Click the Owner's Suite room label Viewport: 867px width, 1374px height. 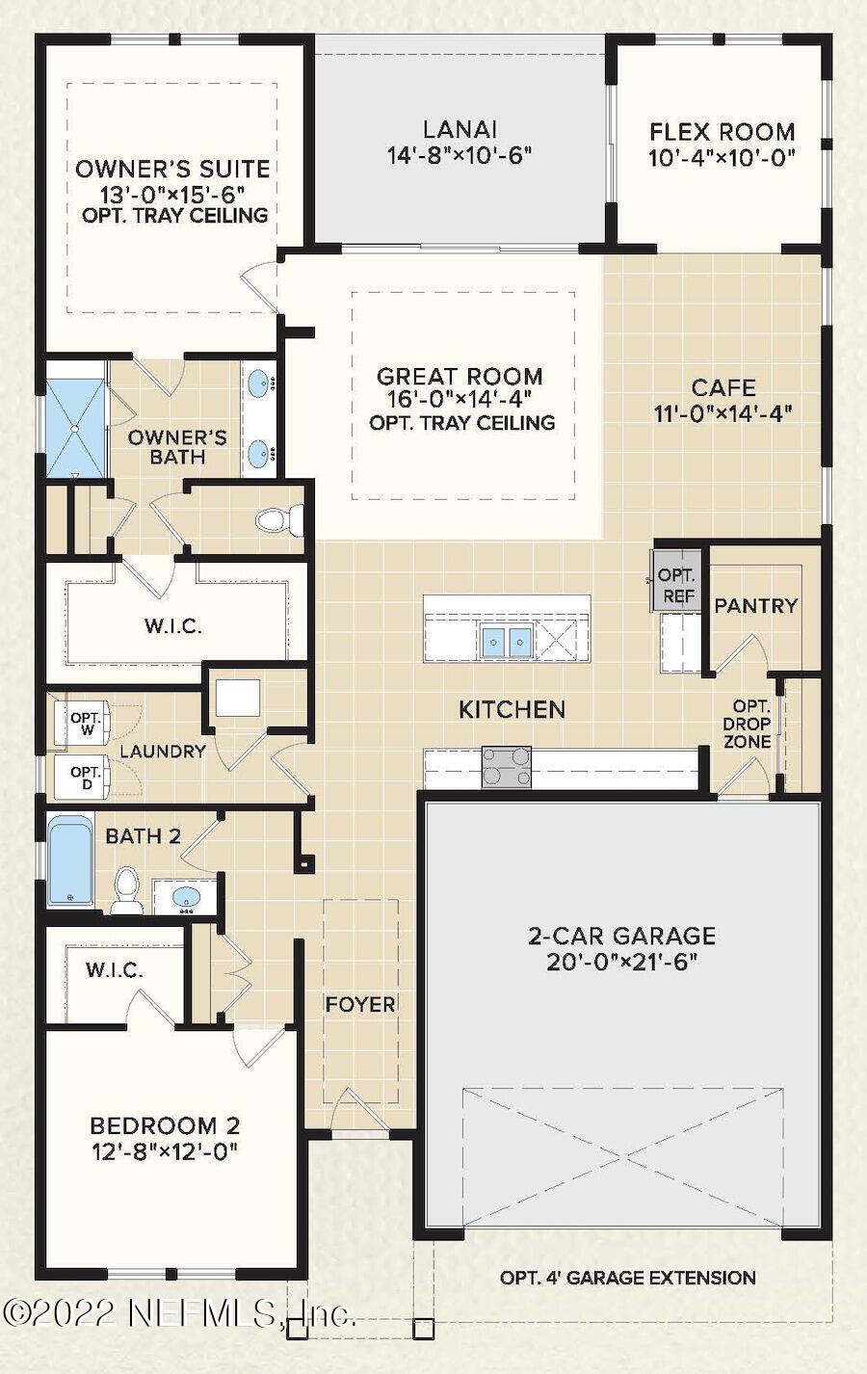tap(172, 170)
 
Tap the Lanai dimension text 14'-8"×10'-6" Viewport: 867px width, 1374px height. tap(460, 155)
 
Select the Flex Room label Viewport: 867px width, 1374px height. tap(722, 132)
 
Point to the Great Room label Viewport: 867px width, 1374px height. tap(460, 377)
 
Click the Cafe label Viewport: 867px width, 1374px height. tap(722, 388)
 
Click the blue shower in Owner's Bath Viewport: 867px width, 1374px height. tap(77, 428)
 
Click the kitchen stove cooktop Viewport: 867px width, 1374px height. tap(507, 767)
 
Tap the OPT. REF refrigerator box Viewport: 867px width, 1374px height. tap(677, 585)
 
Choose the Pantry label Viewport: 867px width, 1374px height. tap(755, 606)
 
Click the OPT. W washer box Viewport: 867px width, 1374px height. tap(85, 726)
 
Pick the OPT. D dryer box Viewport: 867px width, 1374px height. tap(85, 777)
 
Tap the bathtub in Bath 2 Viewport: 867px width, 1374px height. tap(70, 860)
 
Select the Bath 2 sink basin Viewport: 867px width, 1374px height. tap(187, 897)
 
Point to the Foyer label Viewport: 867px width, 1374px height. tap(360, 1004)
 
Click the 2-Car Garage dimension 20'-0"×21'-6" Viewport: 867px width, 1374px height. tap(621, 962)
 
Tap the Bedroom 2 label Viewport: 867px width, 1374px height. tap(165, 1125)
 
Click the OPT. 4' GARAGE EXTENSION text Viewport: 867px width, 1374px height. tap(627, 1279)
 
